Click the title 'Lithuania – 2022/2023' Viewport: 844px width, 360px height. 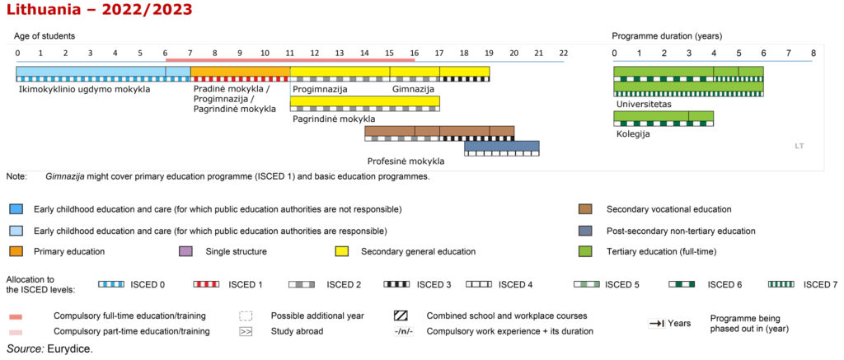(99, 11)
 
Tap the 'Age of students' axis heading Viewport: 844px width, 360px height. (45, 36)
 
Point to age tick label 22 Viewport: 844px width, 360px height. (563, 53)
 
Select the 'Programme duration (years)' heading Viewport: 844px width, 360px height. (667, 36)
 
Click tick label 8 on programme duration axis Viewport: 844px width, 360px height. (814, 53)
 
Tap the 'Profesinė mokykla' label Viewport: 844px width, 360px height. (406, 161)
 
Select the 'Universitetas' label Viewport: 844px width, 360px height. (643, 105)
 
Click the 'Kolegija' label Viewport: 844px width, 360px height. (632, 133)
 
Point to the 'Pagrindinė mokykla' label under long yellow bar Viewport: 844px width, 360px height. (334, 119)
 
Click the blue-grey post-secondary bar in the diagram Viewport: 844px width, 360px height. (501, 146)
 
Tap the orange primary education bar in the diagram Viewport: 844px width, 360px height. (240, 71)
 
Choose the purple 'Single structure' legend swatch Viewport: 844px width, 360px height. (185, 251)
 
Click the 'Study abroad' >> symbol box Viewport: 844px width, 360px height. (246, 331)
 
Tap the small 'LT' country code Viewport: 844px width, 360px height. (799, 146)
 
